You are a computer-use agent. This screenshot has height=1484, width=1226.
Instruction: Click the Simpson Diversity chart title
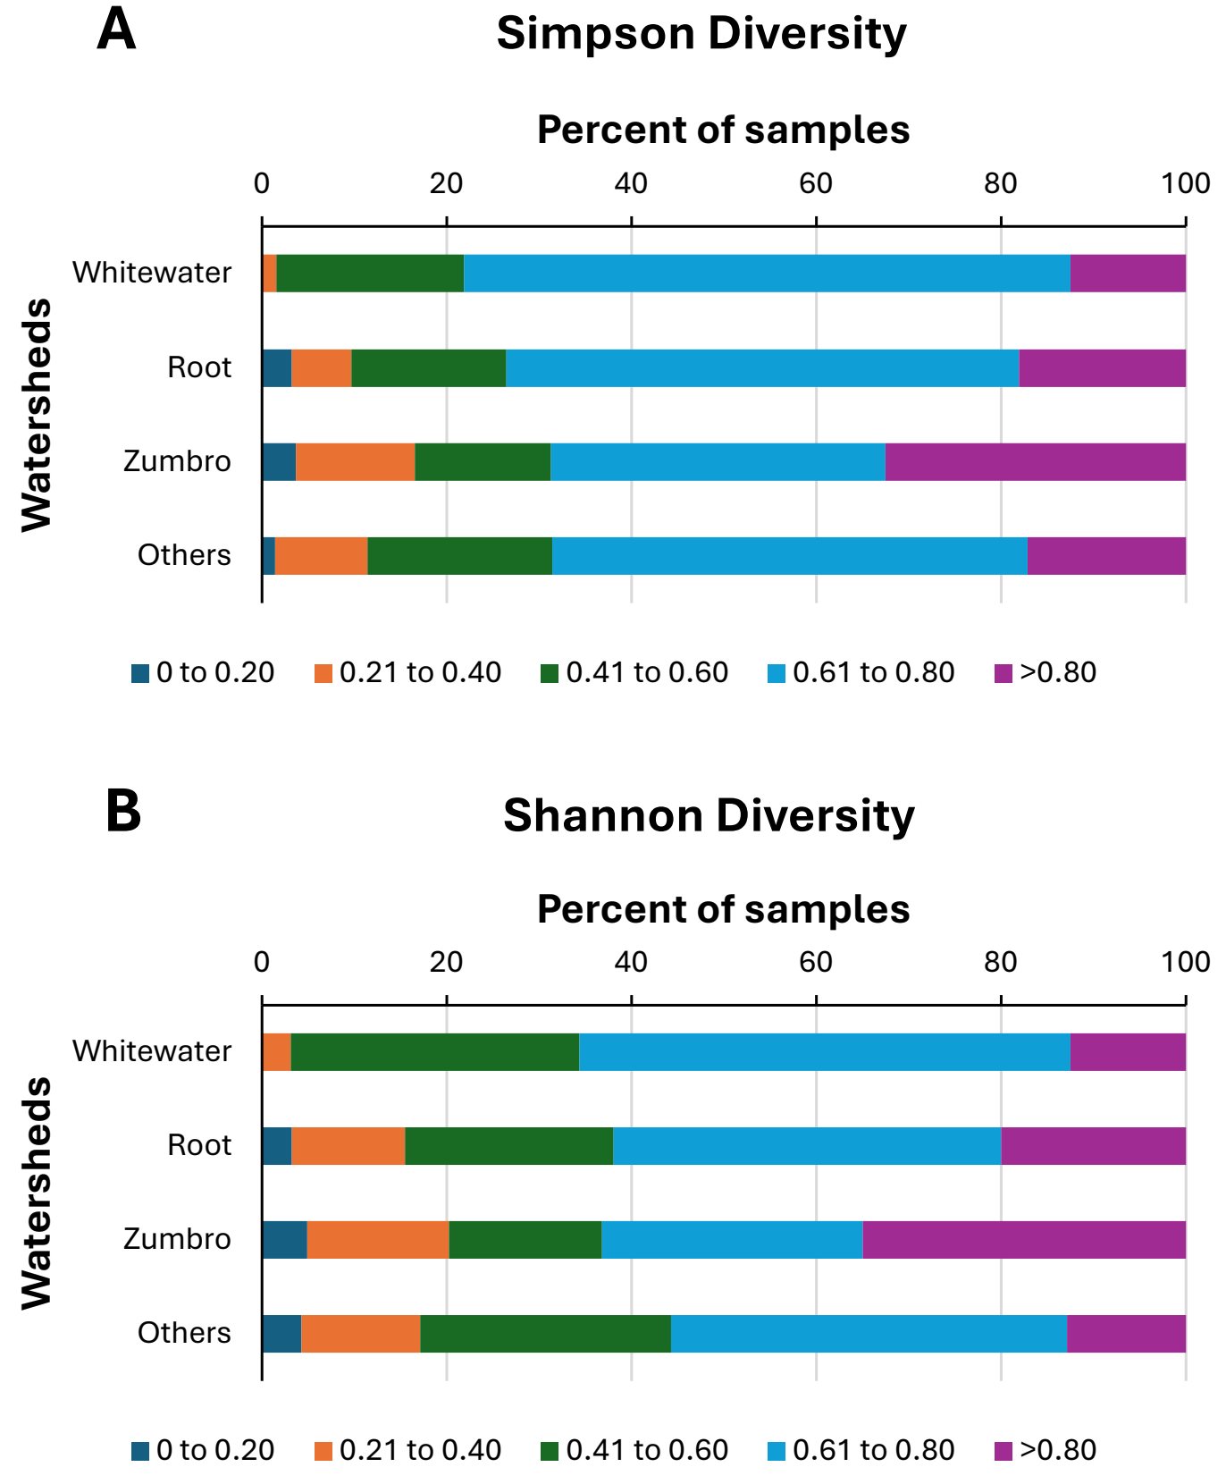tap(701, 34)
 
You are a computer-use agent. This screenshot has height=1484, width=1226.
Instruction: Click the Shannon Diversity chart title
tap(709, 815)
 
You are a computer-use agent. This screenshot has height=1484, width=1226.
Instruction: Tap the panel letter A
tap(116, 30)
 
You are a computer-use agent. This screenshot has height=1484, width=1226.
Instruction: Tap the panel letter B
tap(123, 811)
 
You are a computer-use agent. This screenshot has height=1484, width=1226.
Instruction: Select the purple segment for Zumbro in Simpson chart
tap(1035, 462)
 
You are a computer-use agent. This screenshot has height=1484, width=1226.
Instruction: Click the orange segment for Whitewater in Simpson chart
tap(270, 274)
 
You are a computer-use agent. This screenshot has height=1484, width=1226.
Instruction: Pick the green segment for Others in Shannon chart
tap(545, 1334)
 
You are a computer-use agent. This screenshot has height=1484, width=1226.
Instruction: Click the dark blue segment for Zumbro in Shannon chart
tap(284, 1240)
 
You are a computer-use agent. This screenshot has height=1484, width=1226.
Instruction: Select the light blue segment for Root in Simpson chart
tap(761, 368)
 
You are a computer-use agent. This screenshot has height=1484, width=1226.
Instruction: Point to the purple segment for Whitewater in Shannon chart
tap(1128, 1052)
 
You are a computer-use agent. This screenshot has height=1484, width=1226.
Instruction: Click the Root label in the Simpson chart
tap(199, 367)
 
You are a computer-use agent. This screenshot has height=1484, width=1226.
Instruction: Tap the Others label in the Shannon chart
tap(184, 1333)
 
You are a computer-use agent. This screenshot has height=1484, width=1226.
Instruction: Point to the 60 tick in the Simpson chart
tap(816, 184)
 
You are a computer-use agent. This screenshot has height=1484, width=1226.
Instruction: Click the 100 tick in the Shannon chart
tap(1185, 963)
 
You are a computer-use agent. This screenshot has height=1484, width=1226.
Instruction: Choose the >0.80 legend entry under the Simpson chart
tap(1045, 673)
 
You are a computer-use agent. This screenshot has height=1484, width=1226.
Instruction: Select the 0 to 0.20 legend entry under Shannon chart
tap(203, 1451)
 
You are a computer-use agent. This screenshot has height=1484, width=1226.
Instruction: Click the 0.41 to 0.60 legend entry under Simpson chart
tap(634, 673)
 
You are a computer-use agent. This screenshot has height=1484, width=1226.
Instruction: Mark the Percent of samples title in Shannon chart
tap(723, 909)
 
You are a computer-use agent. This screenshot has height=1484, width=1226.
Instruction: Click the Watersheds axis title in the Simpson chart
tap(38, 415)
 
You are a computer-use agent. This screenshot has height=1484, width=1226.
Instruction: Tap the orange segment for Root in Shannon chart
tap(348, 1146)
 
